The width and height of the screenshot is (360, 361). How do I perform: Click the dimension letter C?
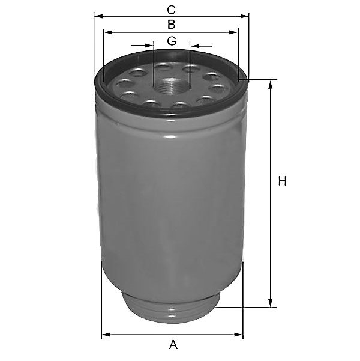click(171, 10)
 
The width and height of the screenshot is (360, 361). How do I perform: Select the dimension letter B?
click(172, 25)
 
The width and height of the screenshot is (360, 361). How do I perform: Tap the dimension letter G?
click(172, 41)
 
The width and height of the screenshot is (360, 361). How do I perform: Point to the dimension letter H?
click(282, 181)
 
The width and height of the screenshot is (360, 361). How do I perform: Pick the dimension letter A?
click(173, 344)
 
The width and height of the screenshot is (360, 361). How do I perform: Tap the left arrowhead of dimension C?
click(98, 16)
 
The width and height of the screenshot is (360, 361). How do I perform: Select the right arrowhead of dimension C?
click(244, 16)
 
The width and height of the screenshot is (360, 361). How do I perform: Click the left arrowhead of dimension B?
click(108, 32)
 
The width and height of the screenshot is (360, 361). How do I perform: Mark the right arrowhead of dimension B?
click(233, 32)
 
